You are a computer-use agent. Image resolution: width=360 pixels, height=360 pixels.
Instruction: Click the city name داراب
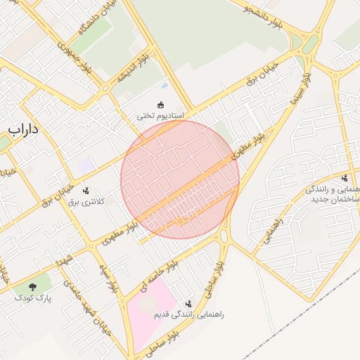click(x=22, y=130)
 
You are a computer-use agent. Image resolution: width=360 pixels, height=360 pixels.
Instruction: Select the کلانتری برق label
click(x=86, y=201)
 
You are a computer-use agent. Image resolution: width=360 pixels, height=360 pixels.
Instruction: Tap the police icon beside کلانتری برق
click(x=86, y=190)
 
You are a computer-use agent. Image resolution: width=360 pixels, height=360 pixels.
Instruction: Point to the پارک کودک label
click(x=33, y=297)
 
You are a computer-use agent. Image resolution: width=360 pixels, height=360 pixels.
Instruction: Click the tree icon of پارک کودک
click(x=33, y=286)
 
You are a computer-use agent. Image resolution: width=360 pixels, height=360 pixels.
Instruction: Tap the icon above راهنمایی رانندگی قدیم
click(x=187, y=304)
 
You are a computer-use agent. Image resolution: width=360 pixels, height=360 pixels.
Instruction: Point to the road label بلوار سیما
click(x=301, y=91)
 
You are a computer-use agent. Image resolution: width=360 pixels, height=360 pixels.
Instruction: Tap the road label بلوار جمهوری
click(x=75, y=53)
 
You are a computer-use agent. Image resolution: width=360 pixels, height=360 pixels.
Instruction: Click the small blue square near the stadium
click(x=165, y=86)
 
